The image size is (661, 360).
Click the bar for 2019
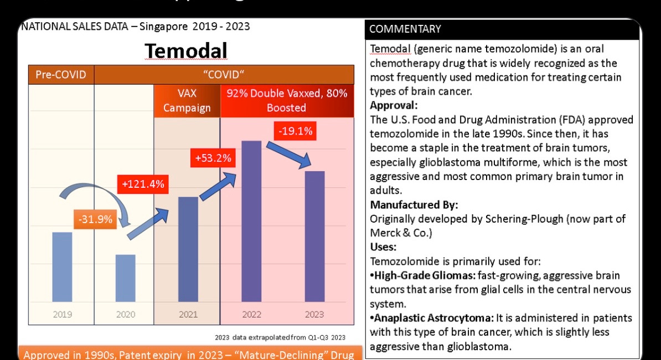tap(62, 266)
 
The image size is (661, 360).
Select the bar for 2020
tap(125, 278)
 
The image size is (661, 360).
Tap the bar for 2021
tap(188, 249)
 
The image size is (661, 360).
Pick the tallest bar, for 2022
tap(251, 221)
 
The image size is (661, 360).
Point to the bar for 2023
tap(314, 236)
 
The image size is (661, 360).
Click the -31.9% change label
tap(95, 219)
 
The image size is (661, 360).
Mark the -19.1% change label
tap(296, 131)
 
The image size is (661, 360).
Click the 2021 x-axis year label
tap(188, 315)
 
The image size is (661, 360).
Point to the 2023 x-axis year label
tap(314, 315)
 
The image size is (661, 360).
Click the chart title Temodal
tap(185, 51)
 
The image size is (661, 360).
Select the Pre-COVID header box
tap(61, 74)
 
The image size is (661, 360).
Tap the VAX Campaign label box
tap(187, 101)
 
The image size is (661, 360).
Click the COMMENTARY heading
tap(405, 29)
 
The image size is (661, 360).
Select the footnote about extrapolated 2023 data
tap(280, 337)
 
